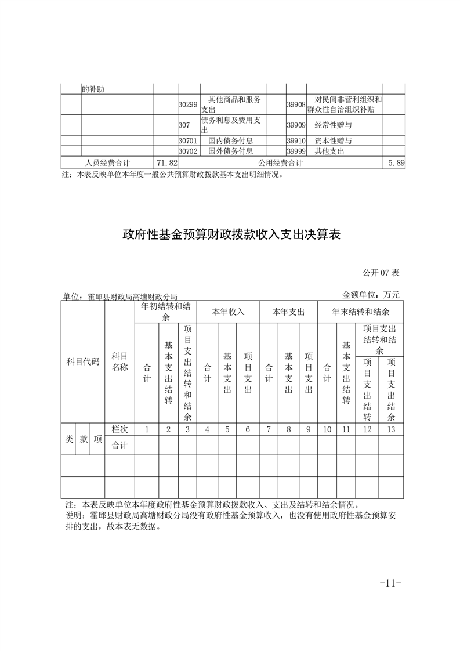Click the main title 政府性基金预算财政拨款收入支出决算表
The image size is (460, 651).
[x=230, y=234]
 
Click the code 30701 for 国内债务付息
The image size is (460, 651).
[x=188, y=140]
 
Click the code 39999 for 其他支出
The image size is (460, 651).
[x=296, y=151]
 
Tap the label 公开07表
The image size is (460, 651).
[x=381, y=272]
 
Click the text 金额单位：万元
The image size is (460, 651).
[x=371, y=295]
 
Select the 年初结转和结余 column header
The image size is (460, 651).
[x=165, y=312]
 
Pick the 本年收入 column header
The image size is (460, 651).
[x=228, y=312]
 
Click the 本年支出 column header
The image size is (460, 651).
[x=288, y=312]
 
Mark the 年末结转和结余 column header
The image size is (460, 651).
[x=360, y=312]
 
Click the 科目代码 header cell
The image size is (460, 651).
[x=83, y=361]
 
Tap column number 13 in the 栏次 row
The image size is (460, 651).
[x=391, y=429]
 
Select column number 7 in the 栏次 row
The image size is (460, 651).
[x=269, y=429]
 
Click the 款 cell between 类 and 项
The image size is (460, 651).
[x=83, y=439]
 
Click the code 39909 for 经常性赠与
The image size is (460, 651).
[x=296, y=125]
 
